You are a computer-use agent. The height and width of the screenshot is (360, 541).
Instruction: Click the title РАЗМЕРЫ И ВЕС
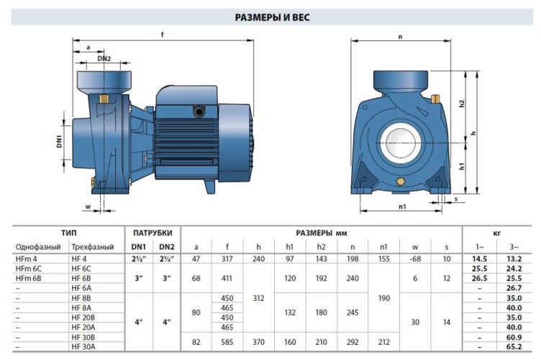pos(272,17)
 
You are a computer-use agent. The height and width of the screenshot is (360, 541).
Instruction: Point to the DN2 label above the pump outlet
pos(104,59)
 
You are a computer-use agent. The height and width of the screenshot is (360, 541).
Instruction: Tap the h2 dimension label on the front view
pos(462,102)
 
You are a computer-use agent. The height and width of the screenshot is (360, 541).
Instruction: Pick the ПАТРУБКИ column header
pos(153,233)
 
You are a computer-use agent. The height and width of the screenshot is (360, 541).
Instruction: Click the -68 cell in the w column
pos(414,258)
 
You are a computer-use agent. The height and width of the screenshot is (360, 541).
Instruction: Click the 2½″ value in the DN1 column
pos(137,258)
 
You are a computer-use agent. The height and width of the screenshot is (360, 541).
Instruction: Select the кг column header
pos(495,233)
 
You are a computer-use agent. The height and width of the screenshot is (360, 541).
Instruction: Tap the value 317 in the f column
pos(227,258)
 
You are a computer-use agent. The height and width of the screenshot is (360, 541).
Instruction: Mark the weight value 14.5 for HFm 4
pos(479,258)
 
